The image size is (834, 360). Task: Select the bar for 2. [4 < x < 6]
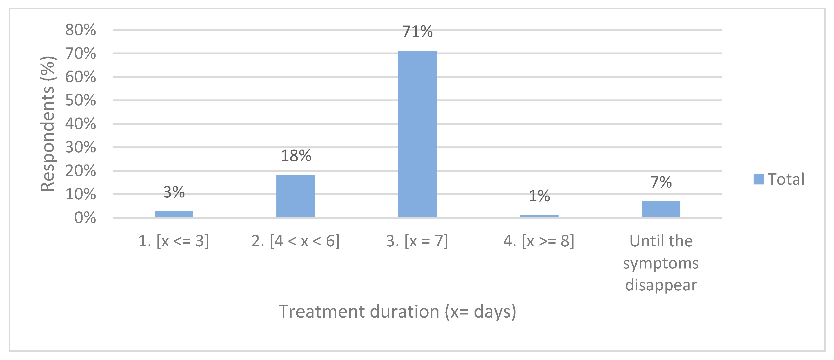pos(295,196)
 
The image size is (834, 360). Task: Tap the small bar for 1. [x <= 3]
pos(174,214)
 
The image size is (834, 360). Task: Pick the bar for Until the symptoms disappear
pos(661,209)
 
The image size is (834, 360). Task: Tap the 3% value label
pos(174,192)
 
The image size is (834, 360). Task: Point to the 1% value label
pos(539,196)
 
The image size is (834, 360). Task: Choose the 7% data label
pos(661,182)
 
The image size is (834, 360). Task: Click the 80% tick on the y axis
pos(81,30)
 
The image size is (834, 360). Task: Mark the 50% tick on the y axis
pos(81,100)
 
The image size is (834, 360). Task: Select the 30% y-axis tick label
pos(81,147)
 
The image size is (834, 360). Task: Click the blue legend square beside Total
pos(758,179)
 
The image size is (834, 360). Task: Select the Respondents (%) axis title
pos(48,124)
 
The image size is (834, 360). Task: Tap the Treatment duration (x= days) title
pos(397,312)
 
